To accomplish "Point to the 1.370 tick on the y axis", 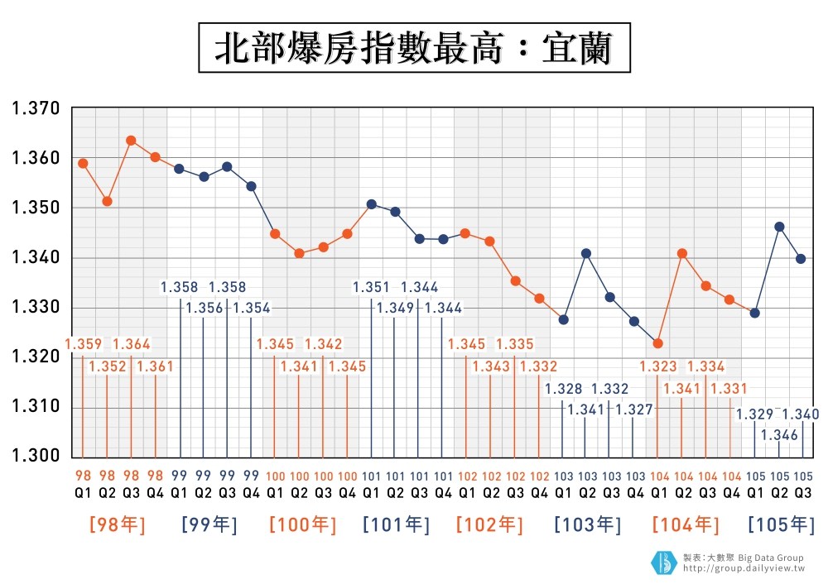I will (x=35, y=108).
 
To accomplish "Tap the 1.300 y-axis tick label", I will (x=35, y=457).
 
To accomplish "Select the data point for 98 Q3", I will (x=131, y=141).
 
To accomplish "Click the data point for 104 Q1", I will (x=657, y=343).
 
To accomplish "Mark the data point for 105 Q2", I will (x=779, y=227).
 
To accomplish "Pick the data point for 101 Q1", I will (x=372, y=204).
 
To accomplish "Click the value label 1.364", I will (x=131, y=344).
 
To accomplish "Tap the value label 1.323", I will (x=657, y=366).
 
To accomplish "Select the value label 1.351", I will (x=370, y=287).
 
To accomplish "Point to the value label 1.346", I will (x=779, y=435).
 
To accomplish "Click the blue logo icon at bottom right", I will (x=663, y=562).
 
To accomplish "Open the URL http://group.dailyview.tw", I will (x=744, y=569).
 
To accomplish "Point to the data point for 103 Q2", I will (x=587, y=253).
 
